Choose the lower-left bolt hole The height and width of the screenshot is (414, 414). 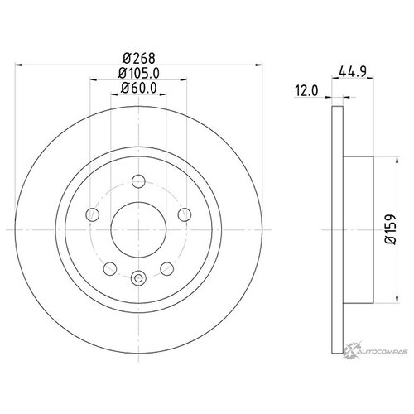110,267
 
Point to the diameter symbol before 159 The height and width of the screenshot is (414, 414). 387,236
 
